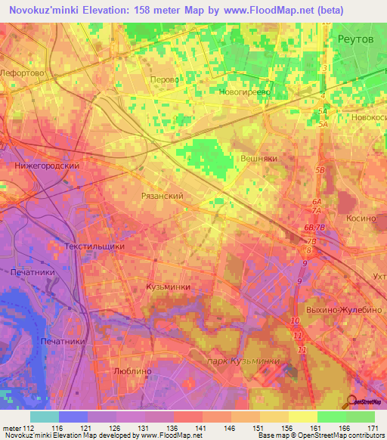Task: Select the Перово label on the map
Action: tap(165, 79)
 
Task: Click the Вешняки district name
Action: tap(259, 160)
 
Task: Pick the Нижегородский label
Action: tap(47, 166)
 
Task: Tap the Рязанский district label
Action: tap(163, 196)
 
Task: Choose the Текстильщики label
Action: tap(94, 246)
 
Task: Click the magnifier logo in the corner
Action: tap(354, 401)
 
